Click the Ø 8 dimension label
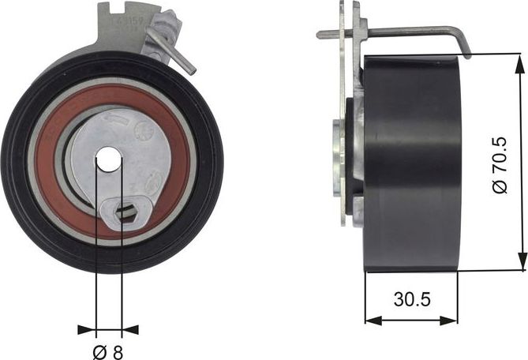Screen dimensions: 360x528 108,352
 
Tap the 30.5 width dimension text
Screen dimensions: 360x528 410,300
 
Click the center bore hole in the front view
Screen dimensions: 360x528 108,160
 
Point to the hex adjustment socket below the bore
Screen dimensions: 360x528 123,211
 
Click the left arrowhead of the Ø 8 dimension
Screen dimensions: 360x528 86,329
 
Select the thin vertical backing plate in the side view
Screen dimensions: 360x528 343,118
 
